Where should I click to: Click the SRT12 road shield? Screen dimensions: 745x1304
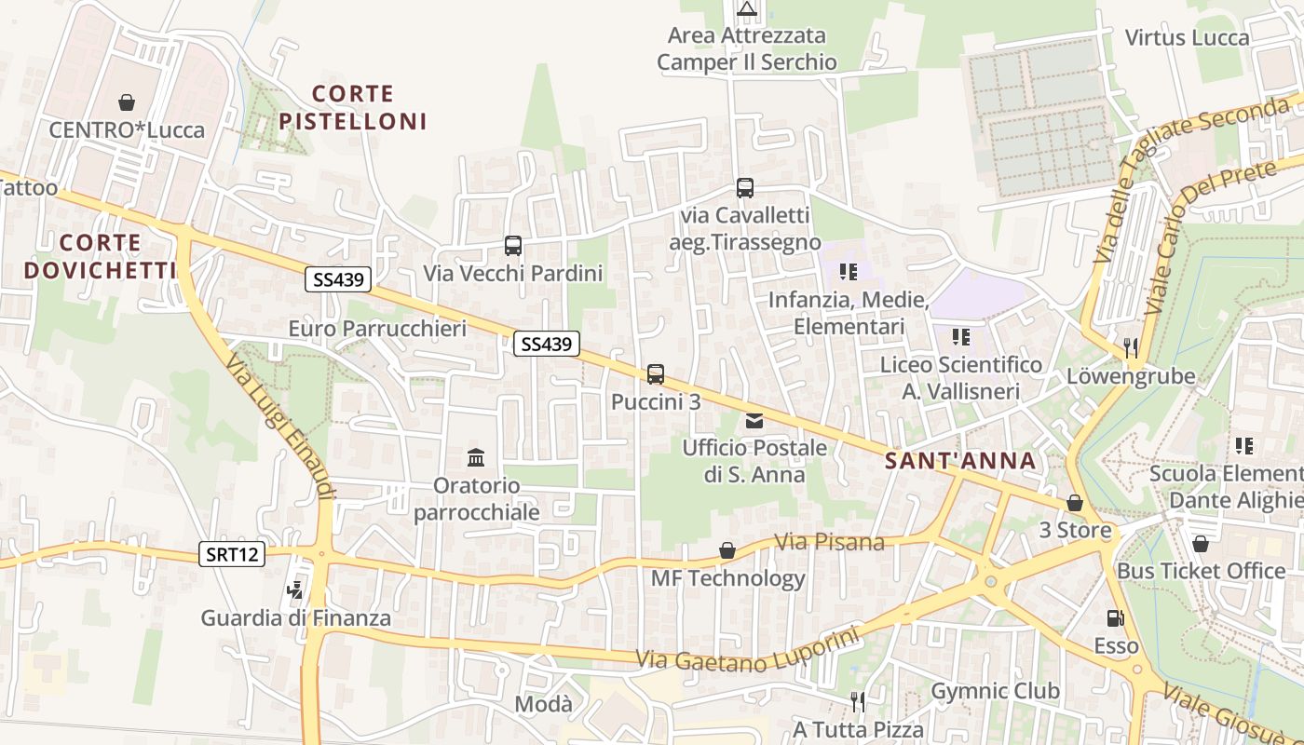[x=232, y=555]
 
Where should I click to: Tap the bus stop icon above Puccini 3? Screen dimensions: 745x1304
[x=656, y=374]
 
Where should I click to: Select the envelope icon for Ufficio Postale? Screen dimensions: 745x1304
[x=754, y=421]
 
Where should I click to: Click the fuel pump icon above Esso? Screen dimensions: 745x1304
[x=1114, y=617]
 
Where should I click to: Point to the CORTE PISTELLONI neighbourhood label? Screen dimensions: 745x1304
[x=352, y=107]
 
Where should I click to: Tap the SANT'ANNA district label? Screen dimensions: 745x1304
[x=959, y=461]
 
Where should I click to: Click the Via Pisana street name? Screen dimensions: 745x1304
[x=830, y=541]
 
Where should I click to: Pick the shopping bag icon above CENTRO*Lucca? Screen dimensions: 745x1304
[x=127, y=102]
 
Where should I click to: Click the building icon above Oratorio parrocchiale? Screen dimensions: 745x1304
[x=476, y=457]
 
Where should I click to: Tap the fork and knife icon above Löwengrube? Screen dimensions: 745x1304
[x=1131, y=348]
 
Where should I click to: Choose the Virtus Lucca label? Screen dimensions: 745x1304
[x=1187, y=38]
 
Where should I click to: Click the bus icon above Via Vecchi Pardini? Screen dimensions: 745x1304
[x=513, y=246]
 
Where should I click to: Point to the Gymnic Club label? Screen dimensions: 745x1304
[x=995, y=691]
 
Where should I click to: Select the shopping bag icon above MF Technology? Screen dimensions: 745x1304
[x=727, y=550]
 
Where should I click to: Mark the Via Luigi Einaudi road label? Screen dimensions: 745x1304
[x=278, y=425]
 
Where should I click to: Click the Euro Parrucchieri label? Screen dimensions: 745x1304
[x=376, y=329]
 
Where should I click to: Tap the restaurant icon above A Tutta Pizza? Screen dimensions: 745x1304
[x=858, y=701]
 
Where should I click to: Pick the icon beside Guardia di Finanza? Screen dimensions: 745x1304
[x=295, y=589]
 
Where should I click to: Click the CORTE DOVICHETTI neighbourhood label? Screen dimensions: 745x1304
[x=100, y=256]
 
